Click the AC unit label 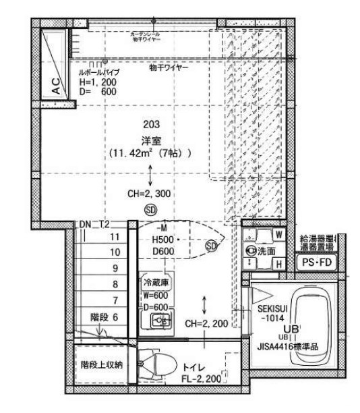[x=56, y=86]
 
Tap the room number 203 [x=151, y=124]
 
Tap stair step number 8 [x=115, y=284]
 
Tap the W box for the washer [x=278, y=235]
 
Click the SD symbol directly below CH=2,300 [x=150, y=209]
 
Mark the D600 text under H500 [x=164, y=252]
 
